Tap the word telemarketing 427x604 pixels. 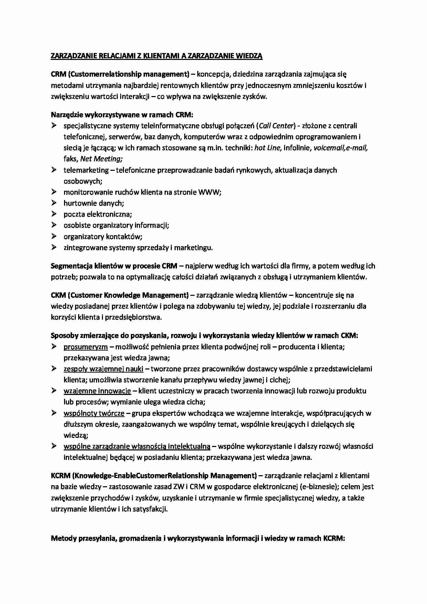click(x=86, y=170)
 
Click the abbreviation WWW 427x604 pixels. click(x=209, y=192)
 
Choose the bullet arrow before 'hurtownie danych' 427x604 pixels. click(x=54, y=203)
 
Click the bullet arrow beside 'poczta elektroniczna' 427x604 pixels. click(x=54, y=214)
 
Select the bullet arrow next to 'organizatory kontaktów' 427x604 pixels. click(x=54, y=236)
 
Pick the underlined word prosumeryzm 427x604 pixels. click(x=86, y=347)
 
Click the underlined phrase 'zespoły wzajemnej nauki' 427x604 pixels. click(x=103, y=369)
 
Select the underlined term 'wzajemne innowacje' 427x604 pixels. click(x=97, y=391)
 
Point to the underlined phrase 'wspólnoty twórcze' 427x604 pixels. click(x=94, y=413)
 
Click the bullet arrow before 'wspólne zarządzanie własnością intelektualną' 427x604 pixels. click(x=54, y=446)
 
